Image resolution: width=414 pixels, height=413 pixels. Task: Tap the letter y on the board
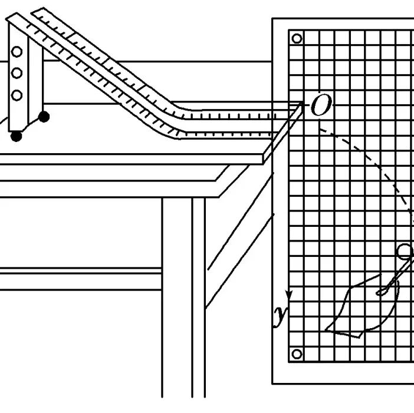[280, 317]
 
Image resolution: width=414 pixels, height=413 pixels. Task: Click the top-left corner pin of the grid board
[297, 39]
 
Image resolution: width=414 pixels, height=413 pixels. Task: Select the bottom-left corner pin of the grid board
[297, 354]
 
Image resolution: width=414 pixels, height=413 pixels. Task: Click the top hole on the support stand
[17, 52]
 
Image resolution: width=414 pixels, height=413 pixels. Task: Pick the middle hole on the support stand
[17, 73]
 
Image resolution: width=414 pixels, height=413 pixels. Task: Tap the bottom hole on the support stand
[17, 94]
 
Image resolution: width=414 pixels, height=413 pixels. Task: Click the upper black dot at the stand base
[43, 117]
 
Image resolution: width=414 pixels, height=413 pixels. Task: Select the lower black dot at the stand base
[17, 136]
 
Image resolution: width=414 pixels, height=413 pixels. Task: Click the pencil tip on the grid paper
[380, 291]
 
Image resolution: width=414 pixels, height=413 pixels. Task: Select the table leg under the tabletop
[177, 295]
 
